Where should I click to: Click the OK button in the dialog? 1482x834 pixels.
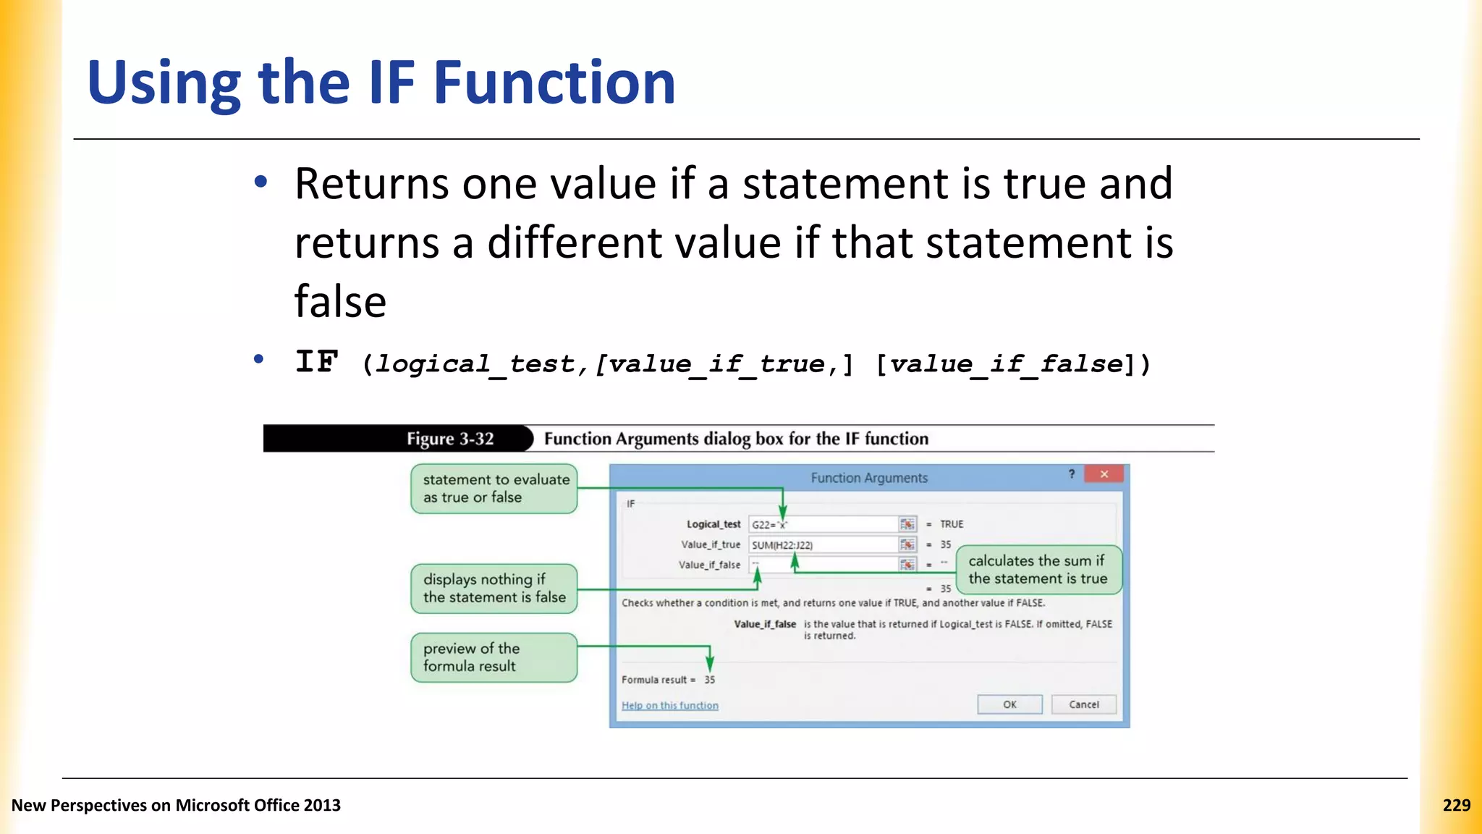1009,704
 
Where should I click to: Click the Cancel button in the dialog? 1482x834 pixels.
1083,704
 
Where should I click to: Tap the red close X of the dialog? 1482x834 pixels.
1104,474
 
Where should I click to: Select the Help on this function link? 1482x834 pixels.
669,705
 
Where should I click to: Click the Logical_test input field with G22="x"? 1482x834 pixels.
823,524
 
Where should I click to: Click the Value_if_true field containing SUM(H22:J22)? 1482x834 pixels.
823,544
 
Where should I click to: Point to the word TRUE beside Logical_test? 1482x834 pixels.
952,524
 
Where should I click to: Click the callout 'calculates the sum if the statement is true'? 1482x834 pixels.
1038,570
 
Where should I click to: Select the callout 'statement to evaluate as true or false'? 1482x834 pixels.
494,489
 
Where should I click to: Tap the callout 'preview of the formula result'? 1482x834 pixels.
494,657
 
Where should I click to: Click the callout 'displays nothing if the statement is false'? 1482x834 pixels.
494,588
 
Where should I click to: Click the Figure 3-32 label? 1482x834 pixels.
449,439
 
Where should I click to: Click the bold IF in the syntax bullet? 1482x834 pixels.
317,361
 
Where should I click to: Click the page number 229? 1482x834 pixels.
1456,805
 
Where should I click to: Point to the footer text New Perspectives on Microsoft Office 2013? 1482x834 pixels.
176,805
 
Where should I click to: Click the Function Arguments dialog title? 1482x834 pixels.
868,478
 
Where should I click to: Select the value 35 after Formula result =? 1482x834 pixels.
709,680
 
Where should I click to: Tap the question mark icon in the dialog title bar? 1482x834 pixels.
1072,474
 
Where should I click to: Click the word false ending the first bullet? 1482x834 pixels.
340,301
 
